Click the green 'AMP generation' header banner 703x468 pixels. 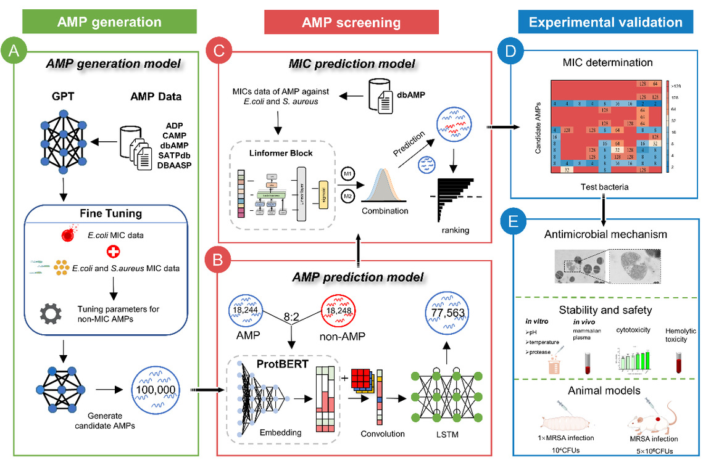pos(109,22)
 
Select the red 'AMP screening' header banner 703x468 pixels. pos(351,23)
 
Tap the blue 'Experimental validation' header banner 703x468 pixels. pos(605,22)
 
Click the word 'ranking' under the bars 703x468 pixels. pos(457,231)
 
